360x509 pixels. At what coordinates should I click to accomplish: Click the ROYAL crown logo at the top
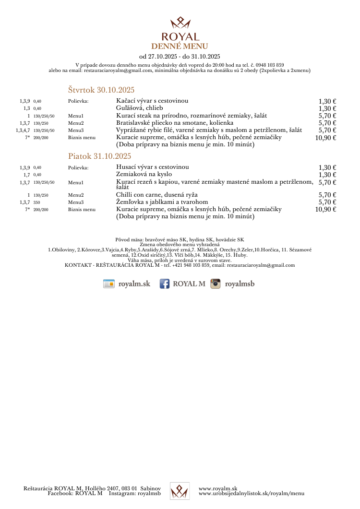(180, 23)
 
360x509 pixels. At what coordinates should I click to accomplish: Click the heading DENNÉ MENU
(180, 46)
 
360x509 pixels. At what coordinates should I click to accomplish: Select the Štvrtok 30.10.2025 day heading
(101, 90)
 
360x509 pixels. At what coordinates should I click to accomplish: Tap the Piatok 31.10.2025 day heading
(99, 156)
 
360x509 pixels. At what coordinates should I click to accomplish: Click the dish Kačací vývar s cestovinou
(152, 101)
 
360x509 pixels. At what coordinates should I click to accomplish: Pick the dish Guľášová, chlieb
(139, 108)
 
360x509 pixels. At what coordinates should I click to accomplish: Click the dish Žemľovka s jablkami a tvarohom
(162, 202)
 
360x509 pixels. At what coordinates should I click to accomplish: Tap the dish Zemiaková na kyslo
(144, 174)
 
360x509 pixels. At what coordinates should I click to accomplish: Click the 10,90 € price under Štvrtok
(325, 138)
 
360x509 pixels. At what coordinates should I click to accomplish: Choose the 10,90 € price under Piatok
(325, 209)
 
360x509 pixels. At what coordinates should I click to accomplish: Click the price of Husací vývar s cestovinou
(327, 167)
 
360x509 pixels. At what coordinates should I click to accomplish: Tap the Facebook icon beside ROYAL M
(165, 284)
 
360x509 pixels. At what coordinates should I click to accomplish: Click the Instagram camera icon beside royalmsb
(216, 284)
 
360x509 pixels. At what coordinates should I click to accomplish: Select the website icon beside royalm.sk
(109, 284)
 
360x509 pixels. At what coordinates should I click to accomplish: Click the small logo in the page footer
(180, 490)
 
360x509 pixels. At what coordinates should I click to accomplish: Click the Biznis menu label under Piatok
(82, 210)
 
